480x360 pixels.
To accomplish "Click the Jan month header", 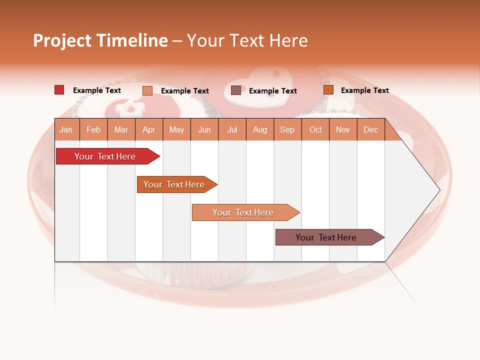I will coord(66,129).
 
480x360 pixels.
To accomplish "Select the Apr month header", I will coord(149,129).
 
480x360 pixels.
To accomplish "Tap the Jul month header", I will coord(232,129).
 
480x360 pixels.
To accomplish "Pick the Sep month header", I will coord(287,129).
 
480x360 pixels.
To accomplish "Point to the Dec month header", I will coord(370,129).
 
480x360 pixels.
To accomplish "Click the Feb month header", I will coord(93,129).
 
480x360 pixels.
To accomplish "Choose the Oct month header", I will coord(315,129).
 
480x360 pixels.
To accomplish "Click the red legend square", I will coord(59,90).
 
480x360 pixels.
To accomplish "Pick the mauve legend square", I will coord(236,90).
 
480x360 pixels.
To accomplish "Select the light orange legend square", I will coord(147,90).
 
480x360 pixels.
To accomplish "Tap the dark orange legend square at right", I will coord(328,90).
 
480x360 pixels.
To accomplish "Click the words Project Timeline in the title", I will coord(100,40).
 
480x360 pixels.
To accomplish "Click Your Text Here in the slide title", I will coord(247,40).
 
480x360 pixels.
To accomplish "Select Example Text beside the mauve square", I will coord(272,90).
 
